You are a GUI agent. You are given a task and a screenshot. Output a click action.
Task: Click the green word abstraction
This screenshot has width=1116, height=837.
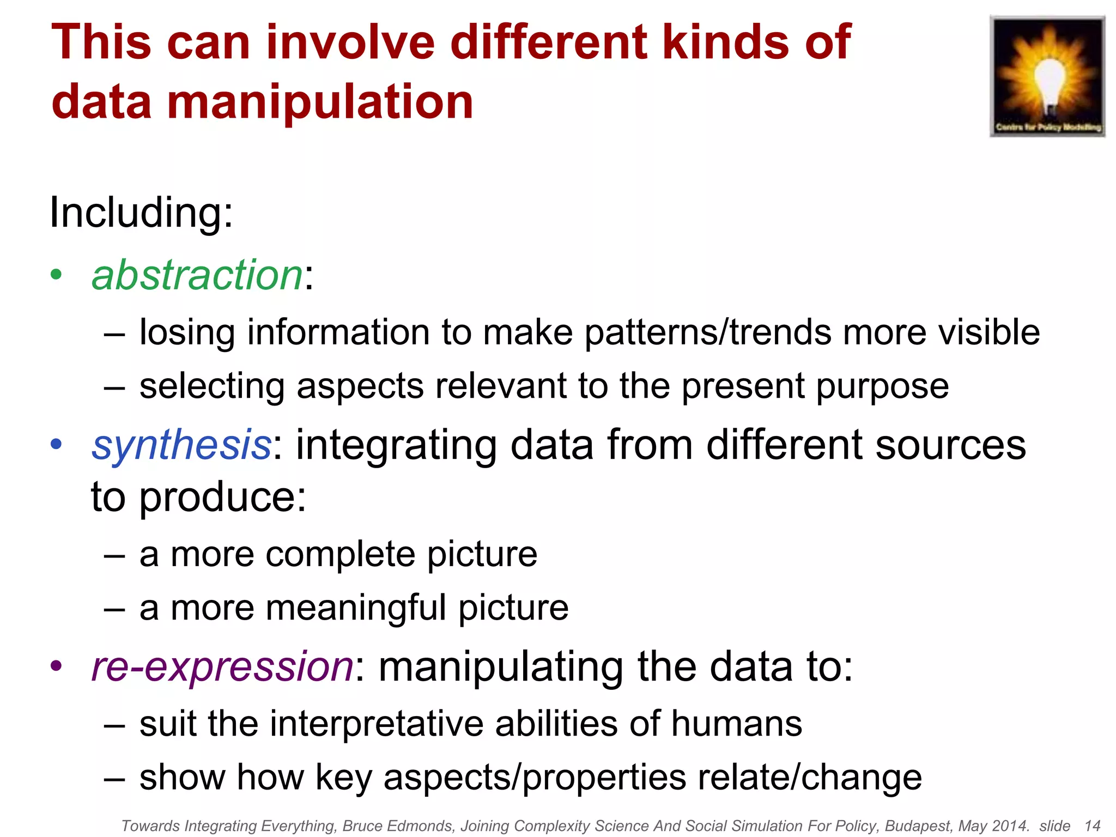(x=197, y=275)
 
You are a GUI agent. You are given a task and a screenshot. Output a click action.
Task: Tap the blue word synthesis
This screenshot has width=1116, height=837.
(x=181, y=445)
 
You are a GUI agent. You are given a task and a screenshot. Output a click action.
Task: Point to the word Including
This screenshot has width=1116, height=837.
(x=141, y=213)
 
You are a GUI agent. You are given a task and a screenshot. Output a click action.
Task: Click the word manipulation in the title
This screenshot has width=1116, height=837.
(x=320, y=102)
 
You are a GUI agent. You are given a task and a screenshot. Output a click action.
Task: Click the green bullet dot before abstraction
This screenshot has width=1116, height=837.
(x=56, y=275)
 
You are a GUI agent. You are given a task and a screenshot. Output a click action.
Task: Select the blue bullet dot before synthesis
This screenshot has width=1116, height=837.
(x=56, y=444)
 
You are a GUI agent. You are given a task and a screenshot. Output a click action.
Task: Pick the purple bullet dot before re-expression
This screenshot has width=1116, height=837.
(x=56, y=665)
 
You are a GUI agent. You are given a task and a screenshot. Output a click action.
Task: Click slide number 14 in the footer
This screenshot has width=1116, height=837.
(x=1092, y=826)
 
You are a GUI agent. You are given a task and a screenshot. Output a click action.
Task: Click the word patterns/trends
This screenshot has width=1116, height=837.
(x=708, y=332)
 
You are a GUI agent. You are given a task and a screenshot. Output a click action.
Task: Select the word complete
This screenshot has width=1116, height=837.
(x=341, y=554)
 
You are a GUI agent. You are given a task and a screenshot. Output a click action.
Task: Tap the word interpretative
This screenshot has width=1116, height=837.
(x=377, y=724)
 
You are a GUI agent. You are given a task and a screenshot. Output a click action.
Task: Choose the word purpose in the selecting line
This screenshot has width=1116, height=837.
(x=882, y=386)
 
